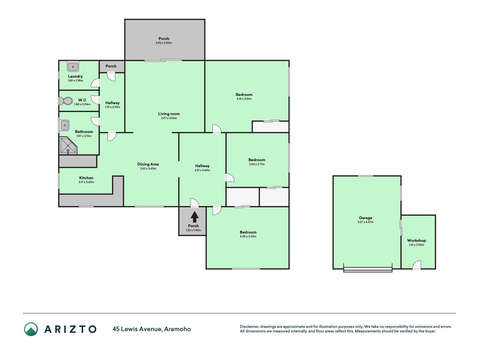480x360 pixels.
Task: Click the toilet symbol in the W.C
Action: pyautogui.click(x=66, y=101)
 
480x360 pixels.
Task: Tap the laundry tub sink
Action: pyautogui.click(x=73, y=67)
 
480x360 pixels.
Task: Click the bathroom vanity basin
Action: pyautogui.click(x=65, y=125)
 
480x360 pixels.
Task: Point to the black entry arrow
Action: pyautogui.click(x=195, y=217)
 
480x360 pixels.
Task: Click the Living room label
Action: pyautogui.click(x=169, y=114)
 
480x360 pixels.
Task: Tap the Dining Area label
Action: pyautogui.click(x=148, y=164)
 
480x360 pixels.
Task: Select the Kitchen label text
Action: pyautogui.click(x=86, y=178)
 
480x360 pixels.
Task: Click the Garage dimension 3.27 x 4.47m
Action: pyautogui.click(x=366, y=222)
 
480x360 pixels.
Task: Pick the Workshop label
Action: pyautogui.click(x=416, y=240)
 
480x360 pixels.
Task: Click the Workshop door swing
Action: pyautogui.click(x=416, y=265)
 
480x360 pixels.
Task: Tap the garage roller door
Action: pyautogui.click(x=368, y=269)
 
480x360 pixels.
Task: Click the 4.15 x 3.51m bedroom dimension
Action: pyautogui.click(x=244, y=99)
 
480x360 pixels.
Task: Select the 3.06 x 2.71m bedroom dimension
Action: pyautogui.click(x=257, y=164)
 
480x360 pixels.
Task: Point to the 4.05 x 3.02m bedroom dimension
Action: pyautogui.click(x=248, y=237)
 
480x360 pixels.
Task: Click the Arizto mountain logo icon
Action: pyautogui.click(x=31, y=329)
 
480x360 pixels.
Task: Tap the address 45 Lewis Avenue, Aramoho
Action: pyautogui.click(x=152, y=329)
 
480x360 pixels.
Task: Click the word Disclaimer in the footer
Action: pyautogui.click(x=249, y=327)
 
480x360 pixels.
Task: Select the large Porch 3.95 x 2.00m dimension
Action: pyautogui.click(x=164, y=43)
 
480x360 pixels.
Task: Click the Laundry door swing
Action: pyautogui.click(x=96, y=83)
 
